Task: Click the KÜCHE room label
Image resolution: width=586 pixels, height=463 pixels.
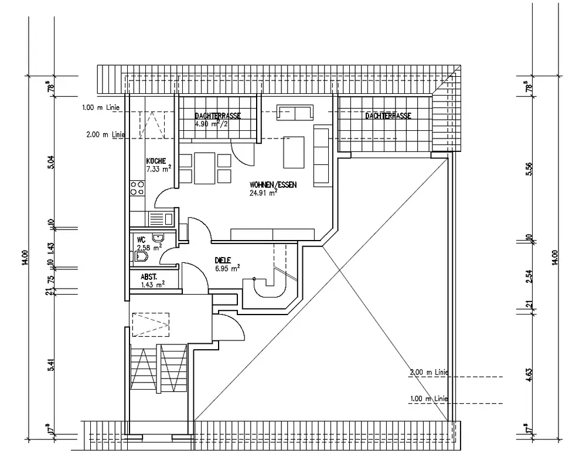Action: click(x=156, y=161)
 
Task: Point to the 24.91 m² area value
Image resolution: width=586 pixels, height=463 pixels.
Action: click(x=263, y=192)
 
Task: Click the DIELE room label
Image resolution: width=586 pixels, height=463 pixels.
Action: click(x=223, y=260)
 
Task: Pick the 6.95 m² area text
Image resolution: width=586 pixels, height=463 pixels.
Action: click(x=227, y=269)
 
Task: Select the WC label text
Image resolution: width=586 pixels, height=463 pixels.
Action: click(x=141, y=240)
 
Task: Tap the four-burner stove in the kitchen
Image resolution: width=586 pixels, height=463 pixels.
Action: click(x=138, y=188)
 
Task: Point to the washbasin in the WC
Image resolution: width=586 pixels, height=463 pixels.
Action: click(x=158, y=238)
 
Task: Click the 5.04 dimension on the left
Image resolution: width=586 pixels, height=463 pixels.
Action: click(x=51, y=161)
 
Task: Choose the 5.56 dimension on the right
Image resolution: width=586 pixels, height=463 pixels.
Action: click(x=529, y=169)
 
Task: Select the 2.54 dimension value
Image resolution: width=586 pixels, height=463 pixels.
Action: click(x=529, y=276)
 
